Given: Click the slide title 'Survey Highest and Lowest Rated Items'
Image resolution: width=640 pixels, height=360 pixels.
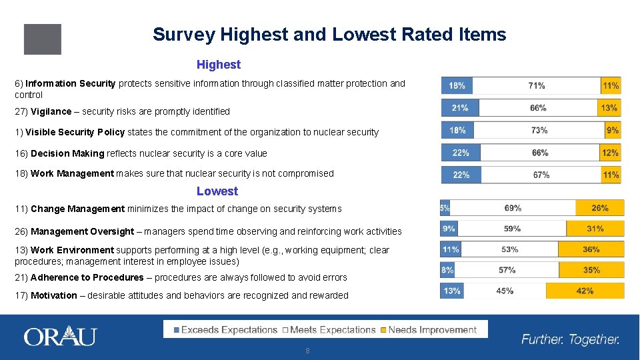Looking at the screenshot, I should [329, 35].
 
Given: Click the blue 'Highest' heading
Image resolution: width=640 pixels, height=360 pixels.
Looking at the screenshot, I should [218, 65].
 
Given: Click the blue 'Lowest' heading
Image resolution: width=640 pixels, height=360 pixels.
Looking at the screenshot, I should [217, 191].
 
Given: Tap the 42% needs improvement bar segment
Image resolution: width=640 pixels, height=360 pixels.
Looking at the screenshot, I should [585, 291].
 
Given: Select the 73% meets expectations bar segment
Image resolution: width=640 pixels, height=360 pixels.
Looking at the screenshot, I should [539, 130].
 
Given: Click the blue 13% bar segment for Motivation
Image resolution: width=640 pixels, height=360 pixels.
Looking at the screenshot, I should [451, 291].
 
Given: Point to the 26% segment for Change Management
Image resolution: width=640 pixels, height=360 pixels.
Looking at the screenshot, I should [599, 208].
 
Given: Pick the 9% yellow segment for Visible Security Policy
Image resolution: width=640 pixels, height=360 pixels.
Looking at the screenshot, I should [612, 130].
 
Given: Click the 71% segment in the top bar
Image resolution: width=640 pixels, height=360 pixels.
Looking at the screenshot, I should [536, 85].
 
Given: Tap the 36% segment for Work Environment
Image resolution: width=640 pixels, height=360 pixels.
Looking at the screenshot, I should [591, 249].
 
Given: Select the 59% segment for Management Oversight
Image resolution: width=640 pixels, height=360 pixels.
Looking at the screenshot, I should [512, 229].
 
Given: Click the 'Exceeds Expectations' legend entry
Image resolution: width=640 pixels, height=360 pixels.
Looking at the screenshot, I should [225, 329].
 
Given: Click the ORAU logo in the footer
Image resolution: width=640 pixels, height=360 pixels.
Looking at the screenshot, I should [60, 337].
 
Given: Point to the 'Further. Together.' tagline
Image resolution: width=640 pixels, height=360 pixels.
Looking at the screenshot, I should [570, 339].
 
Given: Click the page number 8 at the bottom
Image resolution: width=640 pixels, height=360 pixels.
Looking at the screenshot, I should [307, 351].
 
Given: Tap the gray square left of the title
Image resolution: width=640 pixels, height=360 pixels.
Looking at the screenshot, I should [42, 39].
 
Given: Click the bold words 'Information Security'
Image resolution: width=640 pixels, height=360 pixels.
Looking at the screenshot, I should [71, 83].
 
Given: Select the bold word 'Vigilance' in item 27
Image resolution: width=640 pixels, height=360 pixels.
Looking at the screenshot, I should [51, 111].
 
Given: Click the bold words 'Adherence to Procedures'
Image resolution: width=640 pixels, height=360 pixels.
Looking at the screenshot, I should [87, 277].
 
